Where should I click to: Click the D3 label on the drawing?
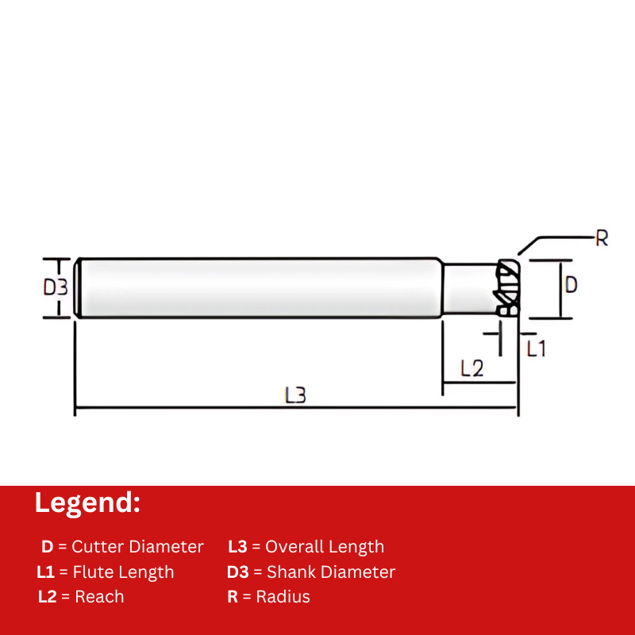pyautogui.click(x=55, y=287)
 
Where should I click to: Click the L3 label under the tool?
pyautogui.click(x=295, y=394)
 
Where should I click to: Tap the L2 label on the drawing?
pyautogui.click(x=471, y=368)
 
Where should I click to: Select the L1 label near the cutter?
pyautogui.click(x=537, y=348)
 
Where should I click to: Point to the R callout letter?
pyautogui.click(x=602, y=238)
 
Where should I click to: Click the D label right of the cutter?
pyautogui.click(x=570, y=285)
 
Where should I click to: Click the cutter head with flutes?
pyautogui.click(x=506, y=289)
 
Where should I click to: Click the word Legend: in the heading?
pyautogui.click(x=87, y=503)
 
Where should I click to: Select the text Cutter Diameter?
pyautogui.click(x=137, y=547)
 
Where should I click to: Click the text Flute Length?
pyautogui.click(x=123, y=572)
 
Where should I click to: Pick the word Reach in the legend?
pyautogui.click(x=99, y=597)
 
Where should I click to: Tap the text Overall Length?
pyautogui.click(x=325, y=547)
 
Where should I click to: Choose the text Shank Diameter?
pyautogui.click(x=331, y=572)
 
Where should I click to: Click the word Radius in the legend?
pyautogui.click(x=283, y=597)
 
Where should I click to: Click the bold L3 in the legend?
pyautogui.click(x=238, y=547)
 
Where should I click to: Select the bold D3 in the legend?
pyautogui.click(x=238, y=572)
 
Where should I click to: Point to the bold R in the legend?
pyautogui.click(x=233, y=597)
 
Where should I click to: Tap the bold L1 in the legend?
pyautogui.click(x=45, y=572)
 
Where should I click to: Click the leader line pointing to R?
pyautogui.click(x=556, y=237)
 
